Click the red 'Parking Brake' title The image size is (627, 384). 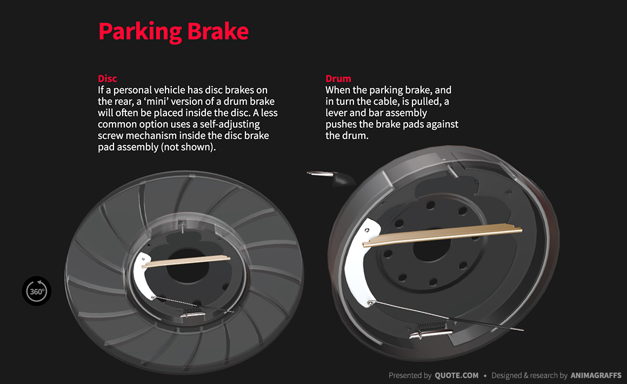coord(173,31)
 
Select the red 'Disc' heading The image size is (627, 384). coord(107,78)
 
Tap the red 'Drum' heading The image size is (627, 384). coord(338,78)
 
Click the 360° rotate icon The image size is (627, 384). coord(37,291)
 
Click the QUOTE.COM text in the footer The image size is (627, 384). coord(456,375)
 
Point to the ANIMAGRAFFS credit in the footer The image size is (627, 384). coord(596,375)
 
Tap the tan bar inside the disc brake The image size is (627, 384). coord(186,261)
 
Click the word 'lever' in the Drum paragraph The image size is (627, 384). coord(337,113)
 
